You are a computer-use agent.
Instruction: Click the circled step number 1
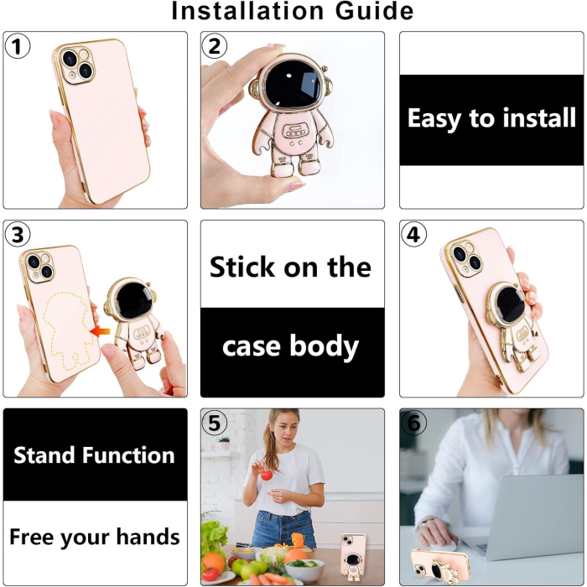tap(18, 47)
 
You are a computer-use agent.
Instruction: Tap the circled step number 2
tap(216, 47)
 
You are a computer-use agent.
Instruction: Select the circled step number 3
tap(18, 236)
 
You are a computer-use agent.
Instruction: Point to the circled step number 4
tap(413, 236)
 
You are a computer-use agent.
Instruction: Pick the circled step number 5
tap(216, 424)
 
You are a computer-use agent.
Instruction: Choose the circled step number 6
tap(413, 424)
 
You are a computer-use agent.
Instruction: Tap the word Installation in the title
tap(245, 12)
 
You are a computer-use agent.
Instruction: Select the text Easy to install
tap(491, 119)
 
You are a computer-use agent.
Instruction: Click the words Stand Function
tap(95, 455)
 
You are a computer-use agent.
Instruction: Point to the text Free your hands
tap(95, 537)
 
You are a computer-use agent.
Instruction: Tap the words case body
tap(291, 345)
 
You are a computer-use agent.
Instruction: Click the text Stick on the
tap(291, 268)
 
